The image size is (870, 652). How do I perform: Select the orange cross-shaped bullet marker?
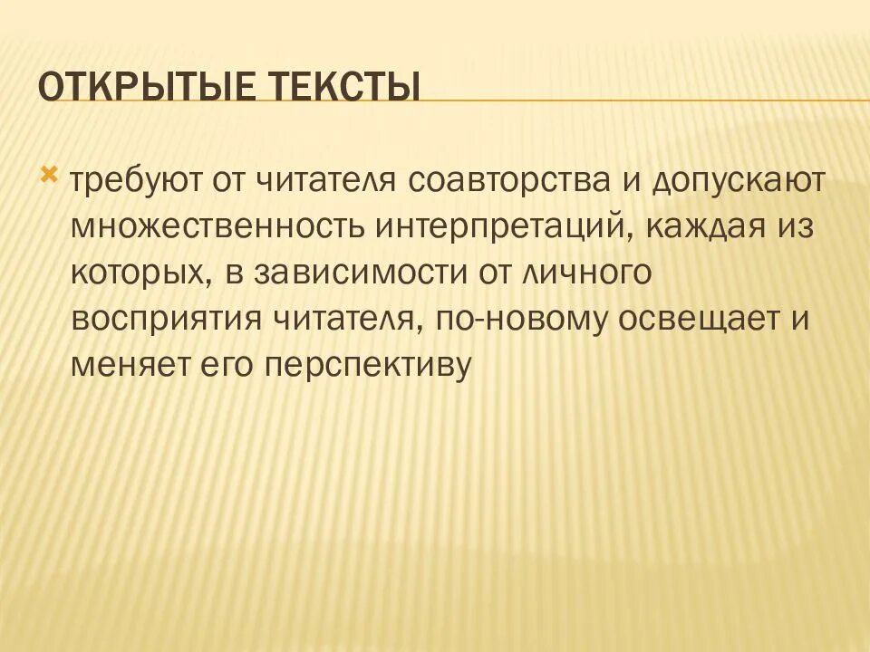(52, 172)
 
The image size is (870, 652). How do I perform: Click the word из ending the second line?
(792, 225)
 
